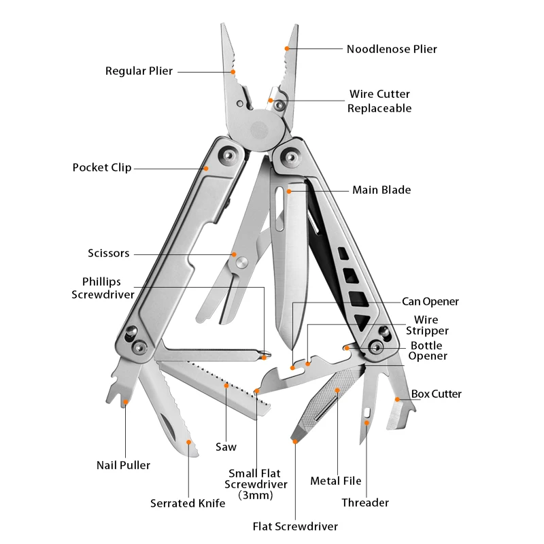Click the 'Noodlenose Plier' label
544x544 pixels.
(392, 49)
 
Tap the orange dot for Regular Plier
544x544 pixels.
(233, 72)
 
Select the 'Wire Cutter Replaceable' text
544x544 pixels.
(379, 101)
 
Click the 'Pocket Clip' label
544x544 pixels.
(102, 167)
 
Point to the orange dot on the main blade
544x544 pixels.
(289, 191)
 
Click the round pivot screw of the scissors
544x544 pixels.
(242, 262)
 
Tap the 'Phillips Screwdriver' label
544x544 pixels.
(103, 288)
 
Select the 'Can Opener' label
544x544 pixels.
(430, 301)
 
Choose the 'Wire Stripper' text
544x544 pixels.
(427, 325)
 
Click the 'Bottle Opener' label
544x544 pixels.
(428, 351)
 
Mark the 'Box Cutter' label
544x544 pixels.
(436, 394)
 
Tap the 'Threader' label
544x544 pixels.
(365, 503)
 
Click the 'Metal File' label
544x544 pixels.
(335, 481)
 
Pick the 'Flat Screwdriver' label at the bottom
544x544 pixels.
(295, 526)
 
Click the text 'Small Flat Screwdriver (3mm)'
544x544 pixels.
(256, 484)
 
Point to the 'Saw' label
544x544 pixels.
(226, 447)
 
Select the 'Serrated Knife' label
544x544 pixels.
(188, 503)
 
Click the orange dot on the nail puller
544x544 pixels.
(126, 402)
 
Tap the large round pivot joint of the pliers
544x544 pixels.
(260, 130)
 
